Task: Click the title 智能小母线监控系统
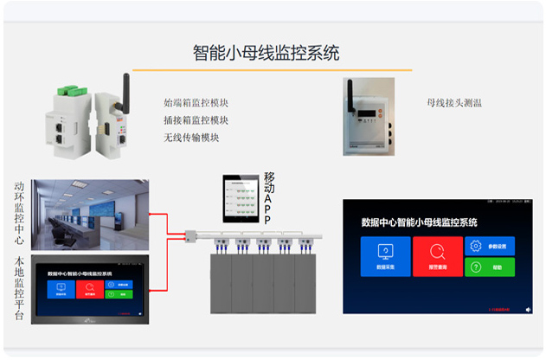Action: coord(266,53)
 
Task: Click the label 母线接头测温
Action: coord(454,102)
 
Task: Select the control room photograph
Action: coord(90,215)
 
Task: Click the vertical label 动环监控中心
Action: coord(19,215)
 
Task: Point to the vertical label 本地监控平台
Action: coord(19,289)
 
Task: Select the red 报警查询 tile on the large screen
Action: coord(437,256)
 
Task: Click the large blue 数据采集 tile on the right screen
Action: coord(386,256)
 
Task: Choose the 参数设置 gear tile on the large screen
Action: coord(489,246)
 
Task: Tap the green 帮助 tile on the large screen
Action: coord(489,268)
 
